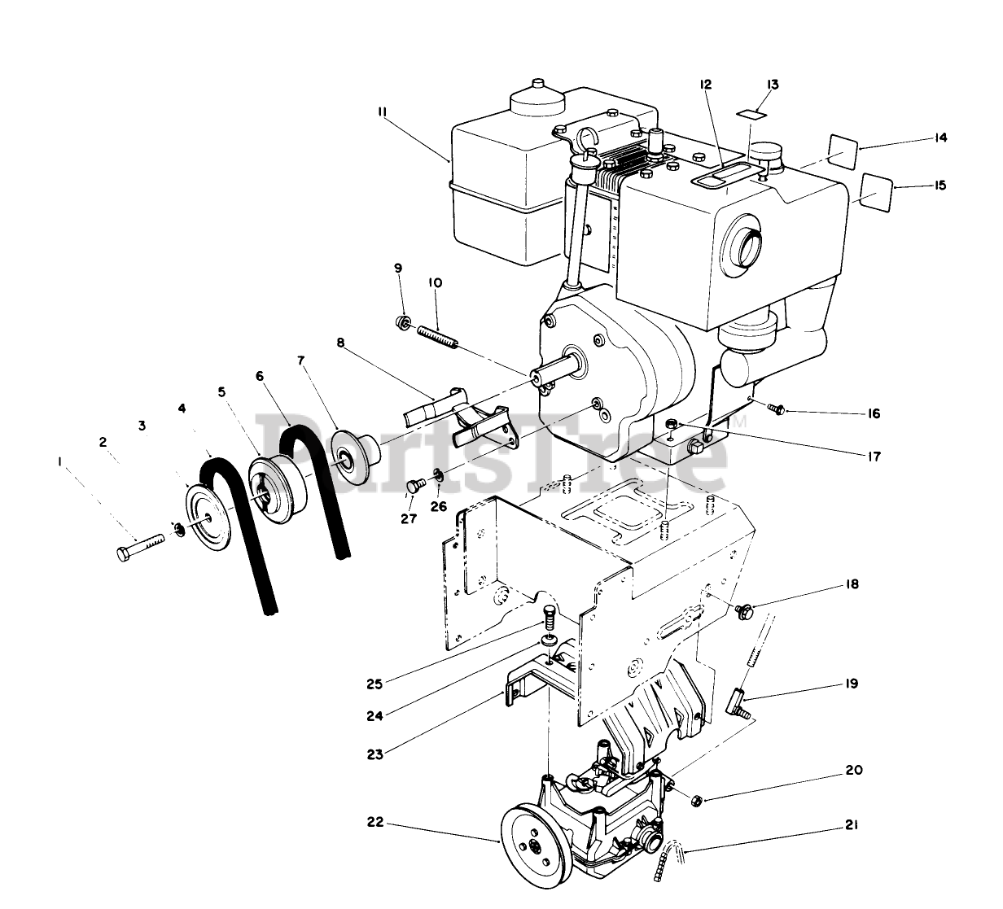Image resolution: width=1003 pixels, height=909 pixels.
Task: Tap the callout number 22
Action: (373, 824)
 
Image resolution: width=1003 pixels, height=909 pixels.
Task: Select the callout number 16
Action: (874, 414)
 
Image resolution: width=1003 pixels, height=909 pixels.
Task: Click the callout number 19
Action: (851, 684)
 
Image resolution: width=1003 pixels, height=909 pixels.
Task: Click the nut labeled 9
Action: (403, 323)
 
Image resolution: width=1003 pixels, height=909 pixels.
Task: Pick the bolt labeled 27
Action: (414, 487)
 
